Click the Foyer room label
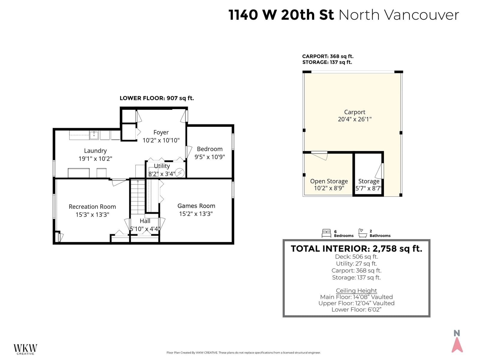pyautogui.click(x=161, y=133)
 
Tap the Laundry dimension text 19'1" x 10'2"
pyautogui.click(x=95, y=158)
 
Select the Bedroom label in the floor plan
pyautogui.click(x=209, y=149)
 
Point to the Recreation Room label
pyautogui.click(x=92, y=207)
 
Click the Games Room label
pyautogui.click(x=196, y=206)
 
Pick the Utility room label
pyautogui.click(x=162, y=166)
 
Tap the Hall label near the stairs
pyautogui.click(x=145, y=221)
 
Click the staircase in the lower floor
pyautogui.click(x=138, y=197)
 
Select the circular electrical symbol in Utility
pyautogui.click(x=180, y=173)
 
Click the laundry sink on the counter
pyautogui.click(x=94, y=135)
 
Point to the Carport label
pyautogui.click(x=355, y=112)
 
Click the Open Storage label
pyautogui.click(x=329, y=181)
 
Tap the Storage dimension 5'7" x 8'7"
pyautogui.click(x=368, y=188)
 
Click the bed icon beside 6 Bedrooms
pyautogui.click(x=326, y=233)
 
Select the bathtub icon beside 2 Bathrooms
pyautogui.click(x=362, y=233)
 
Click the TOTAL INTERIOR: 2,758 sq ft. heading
pyautogui.click(x=356, y=249)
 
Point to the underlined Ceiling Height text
pyautogui.click(x=356, y=290)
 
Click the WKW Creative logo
pyautogui.click(x=25, y=349)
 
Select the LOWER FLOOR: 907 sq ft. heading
pyautogui.click(x=157, y=98)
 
